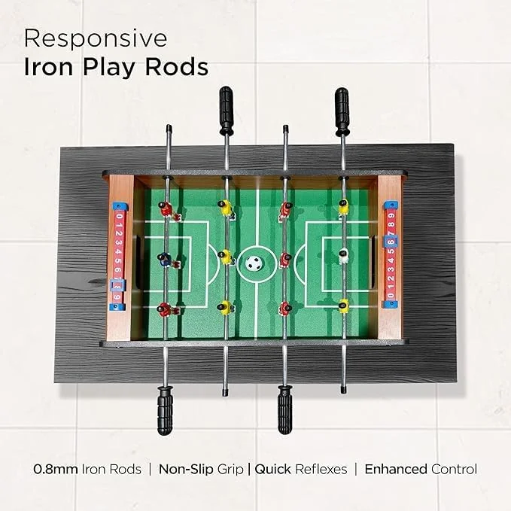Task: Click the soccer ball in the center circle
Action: coord(254,262)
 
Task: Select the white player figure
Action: coord(343,256)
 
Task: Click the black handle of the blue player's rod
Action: coord(165,410)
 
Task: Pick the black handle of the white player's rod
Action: coord(342,111)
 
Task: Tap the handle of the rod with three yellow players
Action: coord(227,110)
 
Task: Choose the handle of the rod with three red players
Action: coord(284,410)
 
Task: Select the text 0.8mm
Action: coord(56,470)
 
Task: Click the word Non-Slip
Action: coord(186,470)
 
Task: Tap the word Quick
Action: coord(272,470)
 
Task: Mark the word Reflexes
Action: coord(321,470)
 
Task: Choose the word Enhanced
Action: coord(396,470)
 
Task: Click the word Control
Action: coord(454,470)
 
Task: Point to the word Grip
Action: coord(230,470)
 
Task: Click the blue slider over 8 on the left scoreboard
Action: coord(117,285)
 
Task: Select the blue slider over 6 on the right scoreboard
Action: coord(391,242)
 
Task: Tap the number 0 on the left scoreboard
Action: coord(119,217)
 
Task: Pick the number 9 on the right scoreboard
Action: coord(391,215)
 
